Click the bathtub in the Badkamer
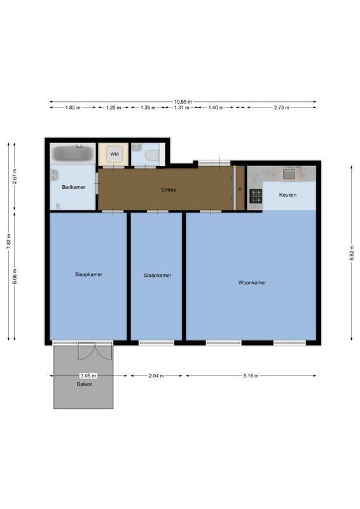[73, 153]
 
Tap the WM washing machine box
[114, 154]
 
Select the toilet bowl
[151, 155]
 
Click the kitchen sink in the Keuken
[290, 173]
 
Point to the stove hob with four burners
[256, 196]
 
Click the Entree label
[169, 190]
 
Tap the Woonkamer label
[252, 282]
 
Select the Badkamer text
[73, 187]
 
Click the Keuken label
[287, 195]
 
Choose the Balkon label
[85, 384]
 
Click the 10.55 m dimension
[183, 102]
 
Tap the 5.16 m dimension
[251, 376]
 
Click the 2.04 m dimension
[156, 376]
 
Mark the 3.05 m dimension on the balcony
[88, 376]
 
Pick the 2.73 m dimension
[281, 108]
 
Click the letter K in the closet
[240, 190]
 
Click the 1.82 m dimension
[73, 108]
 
